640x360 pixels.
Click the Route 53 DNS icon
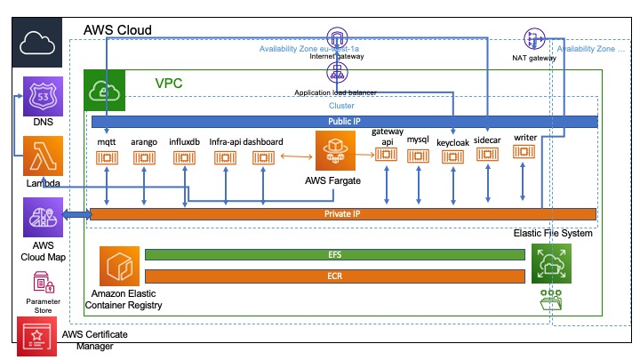[42, 97]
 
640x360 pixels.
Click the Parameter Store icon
[42, 283]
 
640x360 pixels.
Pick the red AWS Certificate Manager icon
[36, 337]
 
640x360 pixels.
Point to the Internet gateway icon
[337, 39]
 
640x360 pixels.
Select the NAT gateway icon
[534, 39]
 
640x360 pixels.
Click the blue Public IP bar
[343, 121]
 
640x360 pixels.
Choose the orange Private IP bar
[343, 213]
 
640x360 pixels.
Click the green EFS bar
[334, 255]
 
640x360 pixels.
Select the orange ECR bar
[334, 276]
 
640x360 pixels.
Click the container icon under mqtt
[107, 158]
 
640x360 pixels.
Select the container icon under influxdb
[183, 158]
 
